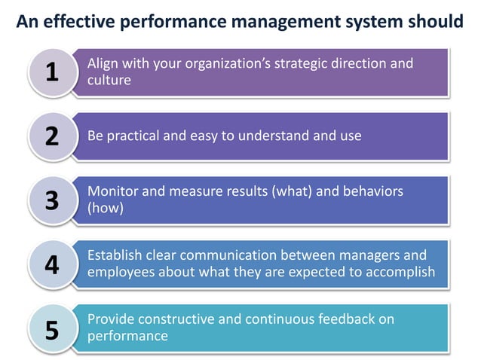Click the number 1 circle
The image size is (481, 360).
(51, 72)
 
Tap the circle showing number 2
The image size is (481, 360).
(51, 136)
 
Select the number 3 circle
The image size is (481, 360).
(51, 200)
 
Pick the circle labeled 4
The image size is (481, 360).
(51, 265)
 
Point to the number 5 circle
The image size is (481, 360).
(51, 329)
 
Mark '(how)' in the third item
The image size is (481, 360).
(106, 208)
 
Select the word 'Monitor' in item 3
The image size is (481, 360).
(112, 192)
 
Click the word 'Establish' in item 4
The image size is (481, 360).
(117, 255)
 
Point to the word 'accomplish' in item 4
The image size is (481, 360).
(400, 272)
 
